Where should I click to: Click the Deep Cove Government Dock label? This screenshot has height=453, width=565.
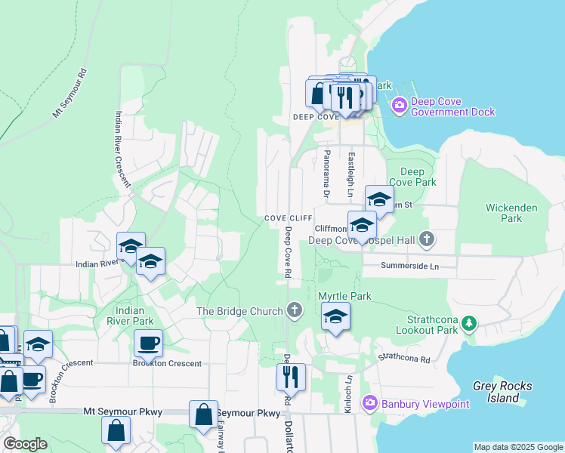[452, 106]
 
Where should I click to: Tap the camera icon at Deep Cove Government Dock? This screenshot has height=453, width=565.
[399, 106]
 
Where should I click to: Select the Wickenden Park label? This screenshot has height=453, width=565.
[504, 212]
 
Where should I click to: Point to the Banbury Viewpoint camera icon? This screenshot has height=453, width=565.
[369, 403]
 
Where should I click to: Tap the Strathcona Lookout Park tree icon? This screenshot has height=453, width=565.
[469, 324]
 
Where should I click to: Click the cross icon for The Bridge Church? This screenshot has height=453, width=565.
[294, 310]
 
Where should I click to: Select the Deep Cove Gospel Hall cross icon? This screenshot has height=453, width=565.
[427, 240]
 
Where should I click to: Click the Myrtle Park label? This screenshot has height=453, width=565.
[344, 296]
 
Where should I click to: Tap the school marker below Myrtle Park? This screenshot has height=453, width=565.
[335, 317]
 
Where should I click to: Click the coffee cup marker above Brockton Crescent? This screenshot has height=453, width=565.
[148, 344]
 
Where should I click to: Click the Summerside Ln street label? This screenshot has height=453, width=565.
[409, 267]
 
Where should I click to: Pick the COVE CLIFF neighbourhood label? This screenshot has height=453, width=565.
[283, 218]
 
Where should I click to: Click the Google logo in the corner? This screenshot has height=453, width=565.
[25, 444]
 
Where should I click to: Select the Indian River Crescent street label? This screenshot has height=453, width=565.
[123, 149]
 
